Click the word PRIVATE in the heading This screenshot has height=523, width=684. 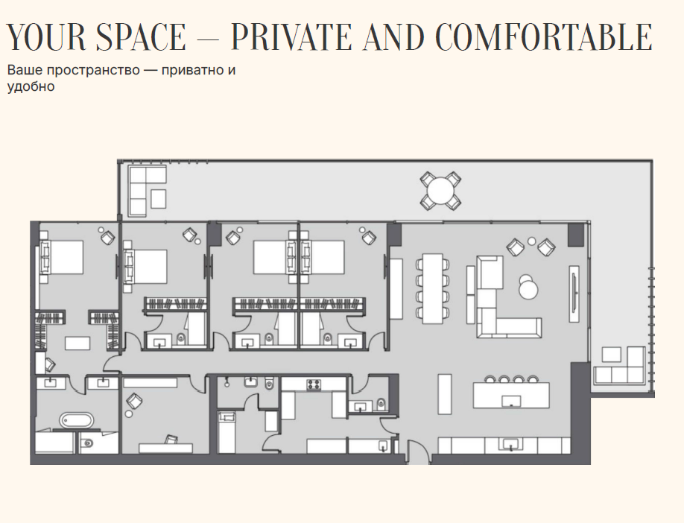(x=291, y=37)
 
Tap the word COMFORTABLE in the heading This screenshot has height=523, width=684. (x=544, y=37)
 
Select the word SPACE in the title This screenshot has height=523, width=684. (x=141, y=37)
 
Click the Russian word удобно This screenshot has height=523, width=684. (x=31, y=86)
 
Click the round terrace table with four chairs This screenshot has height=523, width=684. (x=440, y=190)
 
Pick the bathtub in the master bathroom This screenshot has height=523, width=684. (x=76, y=420)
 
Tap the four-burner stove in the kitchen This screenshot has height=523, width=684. (x=314, y=384)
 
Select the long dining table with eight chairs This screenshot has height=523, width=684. (x=432, y=288)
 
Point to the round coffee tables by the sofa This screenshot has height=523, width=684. (x=528, y=287)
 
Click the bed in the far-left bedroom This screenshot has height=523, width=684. (x=62, y=257)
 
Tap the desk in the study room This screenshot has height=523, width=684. (x=165, y=448)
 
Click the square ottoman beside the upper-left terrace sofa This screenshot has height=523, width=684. (x=158, y=198)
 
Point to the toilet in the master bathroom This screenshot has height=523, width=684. (x=87, y=443)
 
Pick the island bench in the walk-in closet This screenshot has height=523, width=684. (x=77, y=343)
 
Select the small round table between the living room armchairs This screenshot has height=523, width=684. (x=531, y=241)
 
